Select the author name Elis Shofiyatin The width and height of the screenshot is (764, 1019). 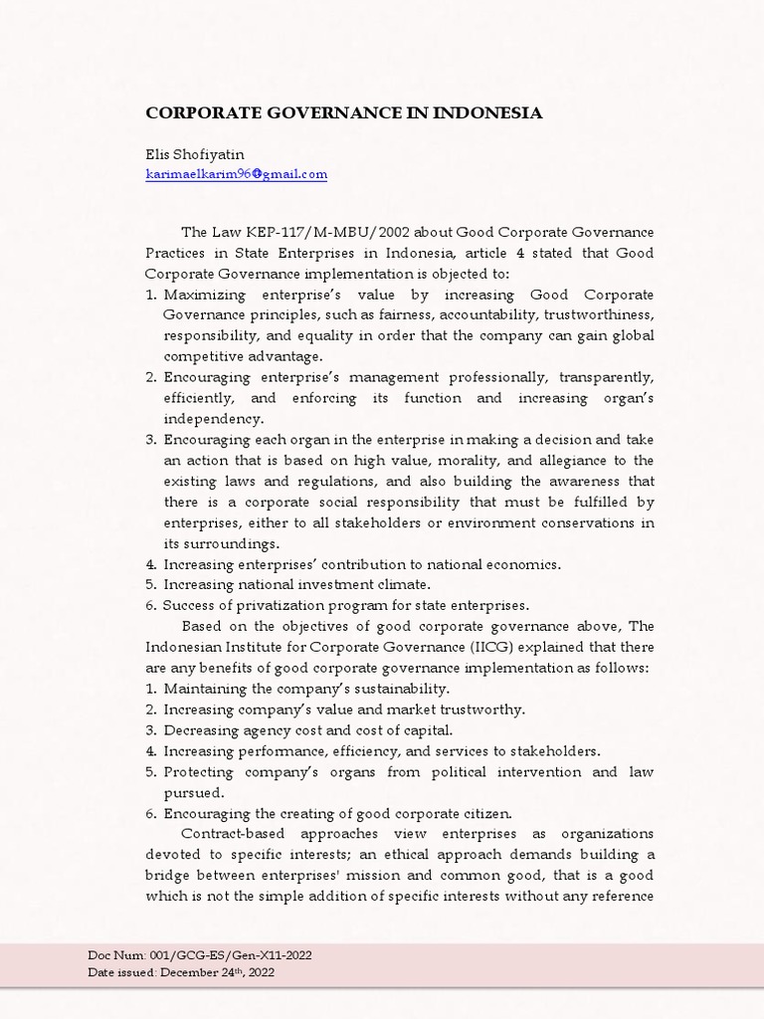point(194,154)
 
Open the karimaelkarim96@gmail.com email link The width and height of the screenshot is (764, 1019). point(236,174)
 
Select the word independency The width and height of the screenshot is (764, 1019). point(213,419)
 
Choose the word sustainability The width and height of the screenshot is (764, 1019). point(400,689)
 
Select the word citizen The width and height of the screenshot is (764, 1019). point(486,813)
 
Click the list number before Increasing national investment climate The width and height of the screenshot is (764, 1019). point(151,585)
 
